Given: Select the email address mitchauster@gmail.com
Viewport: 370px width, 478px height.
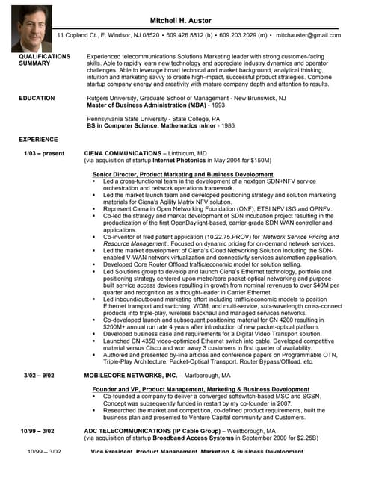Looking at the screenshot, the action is [308, 35].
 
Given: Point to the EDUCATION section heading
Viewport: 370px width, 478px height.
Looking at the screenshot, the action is [37, 98].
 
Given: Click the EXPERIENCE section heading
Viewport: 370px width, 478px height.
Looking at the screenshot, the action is [38, 139].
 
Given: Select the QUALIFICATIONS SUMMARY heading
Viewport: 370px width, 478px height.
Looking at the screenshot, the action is [44, 60].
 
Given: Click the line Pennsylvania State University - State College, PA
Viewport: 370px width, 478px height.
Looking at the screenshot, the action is [153, 118].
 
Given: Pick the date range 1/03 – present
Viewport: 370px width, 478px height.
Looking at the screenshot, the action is [44, 153].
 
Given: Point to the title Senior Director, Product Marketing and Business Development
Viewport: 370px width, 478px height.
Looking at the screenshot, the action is [182, 174].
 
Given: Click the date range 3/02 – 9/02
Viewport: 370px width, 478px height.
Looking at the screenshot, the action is [38, 375].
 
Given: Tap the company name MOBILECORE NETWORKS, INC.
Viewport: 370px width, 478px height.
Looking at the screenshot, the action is [130, 375].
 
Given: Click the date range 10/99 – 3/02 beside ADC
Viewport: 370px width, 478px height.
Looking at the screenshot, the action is [38, 431].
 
